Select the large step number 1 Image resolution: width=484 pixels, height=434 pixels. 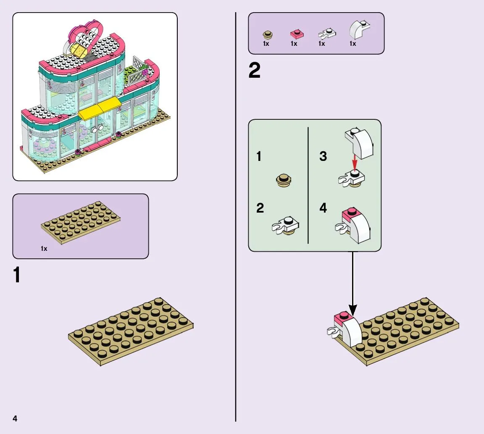point(17,275)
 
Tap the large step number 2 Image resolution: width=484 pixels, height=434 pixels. point(254,71)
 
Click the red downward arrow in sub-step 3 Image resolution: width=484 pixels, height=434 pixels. point(354,162)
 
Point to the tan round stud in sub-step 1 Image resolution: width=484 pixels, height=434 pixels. point(284,181)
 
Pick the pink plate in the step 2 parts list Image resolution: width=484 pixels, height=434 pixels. point(297,34)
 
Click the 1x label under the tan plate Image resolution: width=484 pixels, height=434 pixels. point(44,249)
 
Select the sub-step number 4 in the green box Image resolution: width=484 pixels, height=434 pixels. point(323,208)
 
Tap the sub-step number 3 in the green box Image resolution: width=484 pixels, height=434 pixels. point(323,156)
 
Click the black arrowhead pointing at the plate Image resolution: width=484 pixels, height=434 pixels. point(352,311)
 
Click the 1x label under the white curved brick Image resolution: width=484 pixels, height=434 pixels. point(353,44)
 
